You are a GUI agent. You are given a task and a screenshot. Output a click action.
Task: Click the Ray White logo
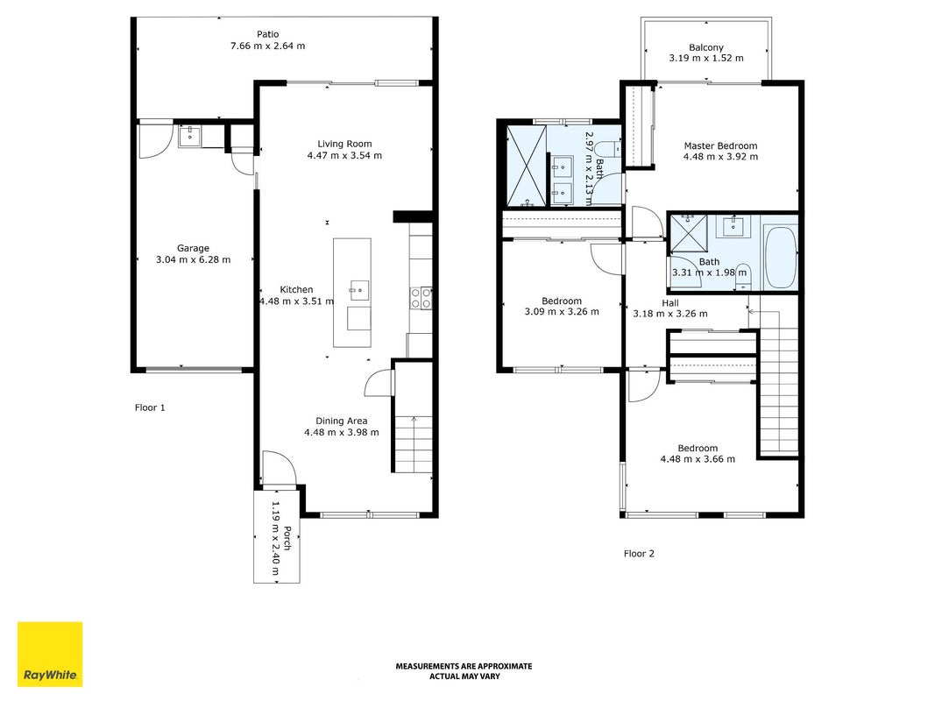click(50, 654)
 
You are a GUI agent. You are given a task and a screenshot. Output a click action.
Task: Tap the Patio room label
click(268, 34)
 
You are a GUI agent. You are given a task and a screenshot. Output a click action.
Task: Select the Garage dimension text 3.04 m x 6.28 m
click(193, 259)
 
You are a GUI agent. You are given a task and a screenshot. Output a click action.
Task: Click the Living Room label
click(344, 144)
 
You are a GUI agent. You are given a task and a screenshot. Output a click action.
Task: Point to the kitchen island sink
click(359, 291)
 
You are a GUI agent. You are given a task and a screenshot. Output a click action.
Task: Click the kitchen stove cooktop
click(421, 298)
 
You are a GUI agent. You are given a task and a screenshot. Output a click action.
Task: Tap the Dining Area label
click(342, 421)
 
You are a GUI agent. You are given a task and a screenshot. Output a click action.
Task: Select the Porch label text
click(288, 538)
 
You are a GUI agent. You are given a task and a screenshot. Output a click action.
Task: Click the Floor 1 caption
click(150, 407)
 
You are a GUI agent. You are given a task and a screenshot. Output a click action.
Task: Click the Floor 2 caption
click(639, 554)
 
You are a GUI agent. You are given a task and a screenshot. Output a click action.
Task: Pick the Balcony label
click(706, 47)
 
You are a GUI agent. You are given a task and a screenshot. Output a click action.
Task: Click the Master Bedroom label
click(720, 145)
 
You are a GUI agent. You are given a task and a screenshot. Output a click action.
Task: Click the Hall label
click(670, 303)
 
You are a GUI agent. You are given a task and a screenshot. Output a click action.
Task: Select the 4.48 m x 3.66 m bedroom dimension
click(698, 459)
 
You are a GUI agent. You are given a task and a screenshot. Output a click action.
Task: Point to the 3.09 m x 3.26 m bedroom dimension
click(562, 311)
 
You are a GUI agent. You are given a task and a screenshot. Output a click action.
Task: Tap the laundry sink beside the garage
click(189, 136)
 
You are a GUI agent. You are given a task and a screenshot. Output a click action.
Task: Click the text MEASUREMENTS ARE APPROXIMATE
click(464, 667)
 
